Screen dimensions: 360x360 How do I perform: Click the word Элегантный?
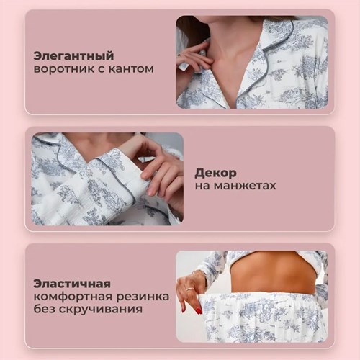(x=73, y=56)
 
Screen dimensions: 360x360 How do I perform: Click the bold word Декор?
(x=215, y=173)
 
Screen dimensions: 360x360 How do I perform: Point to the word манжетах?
(x=245, y=186)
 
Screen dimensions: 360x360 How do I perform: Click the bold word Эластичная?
(x=72, y=284)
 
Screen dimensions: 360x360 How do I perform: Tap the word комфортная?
(x=73, y=297)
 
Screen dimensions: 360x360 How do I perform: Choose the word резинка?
(x=143, y=297)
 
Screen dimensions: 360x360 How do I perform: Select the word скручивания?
(x=101, y=309)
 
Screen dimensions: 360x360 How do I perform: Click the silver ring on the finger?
(x=189, y=289)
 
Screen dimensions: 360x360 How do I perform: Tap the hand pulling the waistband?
(x=191, y=292)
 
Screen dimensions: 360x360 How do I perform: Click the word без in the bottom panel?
(x=45, y=309)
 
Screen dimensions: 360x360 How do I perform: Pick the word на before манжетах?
(x=202, y=186)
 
